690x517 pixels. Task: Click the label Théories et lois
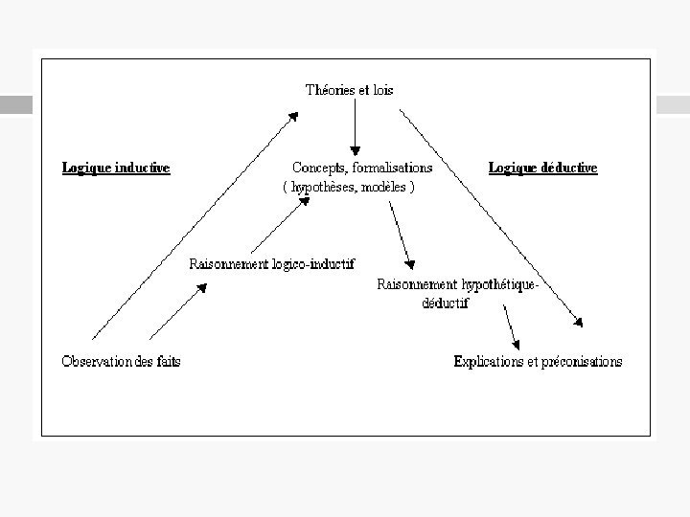(349, 90)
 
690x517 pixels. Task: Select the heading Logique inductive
(116, 168)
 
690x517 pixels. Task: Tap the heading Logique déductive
(542, 168)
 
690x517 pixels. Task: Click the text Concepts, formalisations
(362, 168)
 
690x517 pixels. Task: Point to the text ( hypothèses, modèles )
(349, 188)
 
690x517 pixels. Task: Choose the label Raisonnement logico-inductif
(272, 264)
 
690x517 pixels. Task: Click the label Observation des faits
(121, 361)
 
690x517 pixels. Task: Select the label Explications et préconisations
(538, 361)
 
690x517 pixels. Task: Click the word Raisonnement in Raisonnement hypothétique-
(417, 284)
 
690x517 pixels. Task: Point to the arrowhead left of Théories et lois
(293, 116)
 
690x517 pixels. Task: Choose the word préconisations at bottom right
(581, 361)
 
